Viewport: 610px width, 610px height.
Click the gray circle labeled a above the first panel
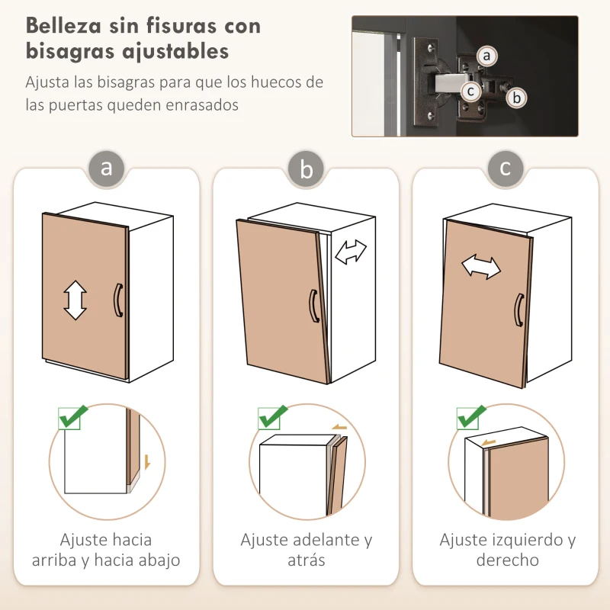tap(106, 166)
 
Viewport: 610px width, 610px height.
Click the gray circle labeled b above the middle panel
tap(306, 169)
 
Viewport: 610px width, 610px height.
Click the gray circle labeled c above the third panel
tap(506, 166)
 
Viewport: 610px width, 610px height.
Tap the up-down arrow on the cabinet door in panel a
tap(75, 300)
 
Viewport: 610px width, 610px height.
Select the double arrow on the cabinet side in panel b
tap(351, 252)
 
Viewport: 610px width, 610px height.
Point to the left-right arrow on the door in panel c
tap(481, 267)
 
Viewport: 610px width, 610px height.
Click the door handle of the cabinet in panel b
tap(313, 306)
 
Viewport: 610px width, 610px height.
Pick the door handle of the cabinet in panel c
tap(518, 310)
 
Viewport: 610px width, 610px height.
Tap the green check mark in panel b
tap(272, 417)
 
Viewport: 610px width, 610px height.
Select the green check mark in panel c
tap(471, 417)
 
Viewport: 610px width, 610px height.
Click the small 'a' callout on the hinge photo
tap(487, 56)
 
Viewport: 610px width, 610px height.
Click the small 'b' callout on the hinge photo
tap(516, 98)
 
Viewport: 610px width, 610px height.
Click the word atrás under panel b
tap(306, 560)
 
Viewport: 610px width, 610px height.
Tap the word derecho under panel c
tap(507, 560)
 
